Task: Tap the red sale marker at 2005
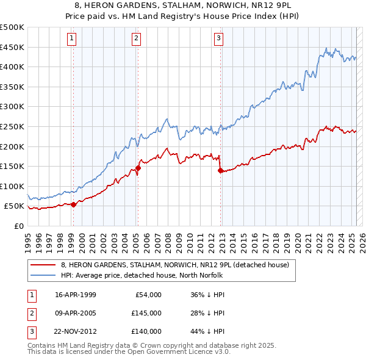[x=138, y=168]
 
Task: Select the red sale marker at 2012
[x=220, y=170]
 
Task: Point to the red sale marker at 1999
[x=74, y=204]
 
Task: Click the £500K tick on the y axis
[x=12, y=27]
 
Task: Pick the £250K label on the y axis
[x=12, y=126]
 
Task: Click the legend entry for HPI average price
[x=142, y=275]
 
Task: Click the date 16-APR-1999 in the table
[x=76, y=295]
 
